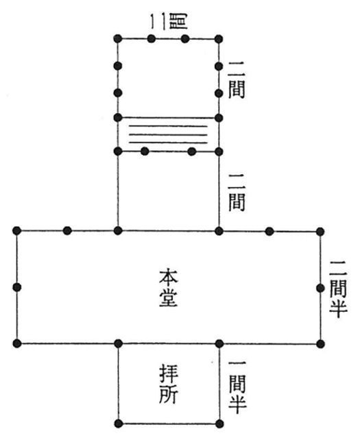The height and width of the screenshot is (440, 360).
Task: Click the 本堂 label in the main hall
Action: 169,288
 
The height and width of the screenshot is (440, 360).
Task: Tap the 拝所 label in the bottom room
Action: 169,384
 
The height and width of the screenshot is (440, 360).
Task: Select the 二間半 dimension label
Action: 338,289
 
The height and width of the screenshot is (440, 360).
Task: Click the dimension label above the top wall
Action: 169,21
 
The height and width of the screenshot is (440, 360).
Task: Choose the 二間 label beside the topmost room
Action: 237,80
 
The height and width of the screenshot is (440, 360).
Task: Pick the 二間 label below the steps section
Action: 237,193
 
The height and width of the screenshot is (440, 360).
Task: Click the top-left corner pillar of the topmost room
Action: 118,39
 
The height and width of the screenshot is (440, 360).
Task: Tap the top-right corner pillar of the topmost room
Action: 219,39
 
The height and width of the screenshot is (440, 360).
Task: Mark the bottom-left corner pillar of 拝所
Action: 119,424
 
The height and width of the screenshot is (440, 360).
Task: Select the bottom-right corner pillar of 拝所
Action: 219,424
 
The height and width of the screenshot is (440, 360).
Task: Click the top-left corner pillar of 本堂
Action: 17,231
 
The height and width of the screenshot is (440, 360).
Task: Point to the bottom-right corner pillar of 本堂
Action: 320,344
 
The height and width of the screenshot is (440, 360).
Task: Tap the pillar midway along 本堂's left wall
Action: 17,287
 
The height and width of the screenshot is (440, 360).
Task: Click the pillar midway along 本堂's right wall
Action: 320,288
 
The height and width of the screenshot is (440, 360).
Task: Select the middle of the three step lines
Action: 168,135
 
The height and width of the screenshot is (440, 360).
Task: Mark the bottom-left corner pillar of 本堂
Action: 17,343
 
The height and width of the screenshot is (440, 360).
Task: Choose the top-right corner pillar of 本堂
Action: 320,232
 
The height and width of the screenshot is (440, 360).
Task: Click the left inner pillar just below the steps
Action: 145,151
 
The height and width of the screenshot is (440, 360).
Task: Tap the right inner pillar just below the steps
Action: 192,152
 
